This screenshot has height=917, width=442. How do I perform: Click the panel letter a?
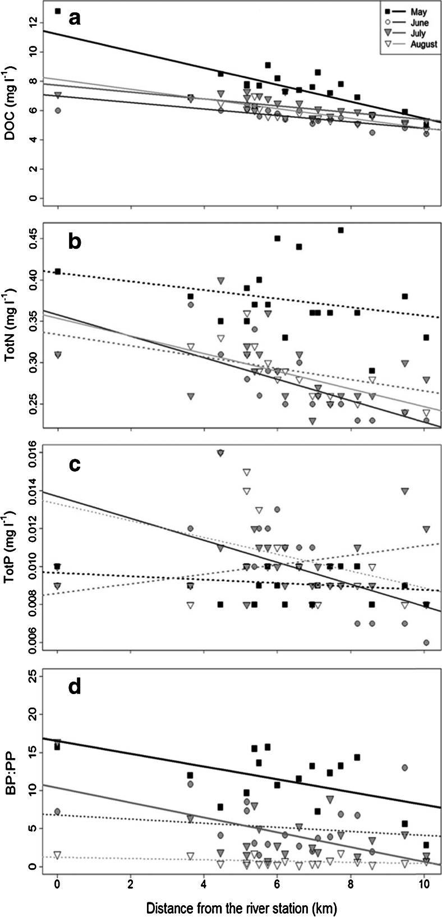click(75, 19)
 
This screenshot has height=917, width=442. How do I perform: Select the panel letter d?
click(75, 687)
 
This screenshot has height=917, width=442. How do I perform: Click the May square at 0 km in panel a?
click(57, 11)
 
